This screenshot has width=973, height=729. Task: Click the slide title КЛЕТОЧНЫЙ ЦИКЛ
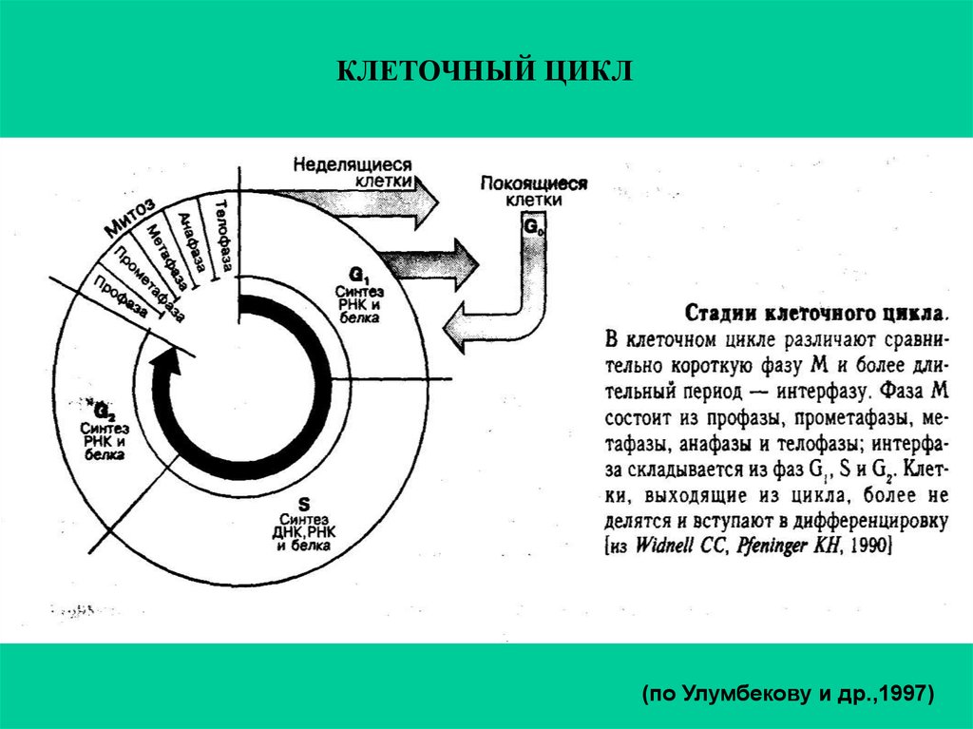click(x=486, y=71)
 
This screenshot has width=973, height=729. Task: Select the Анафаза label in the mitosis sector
click(x=192, y=244)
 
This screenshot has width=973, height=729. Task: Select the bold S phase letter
click(x=304, y=503)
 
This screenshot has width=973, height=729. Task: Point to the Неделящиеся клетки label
click(x=353, y=170)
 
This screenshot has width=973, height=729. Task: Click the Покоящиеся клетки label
click(x=534, y=191)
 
